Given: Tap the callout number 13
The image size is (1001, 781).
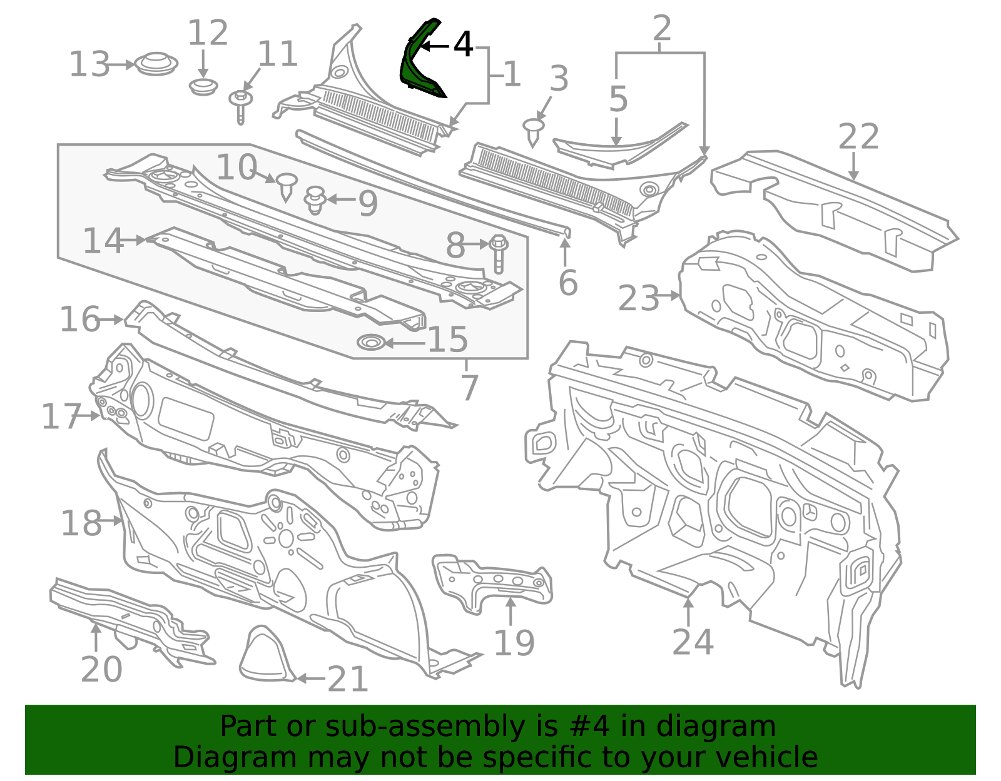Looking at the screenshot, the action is (x=89, y=64).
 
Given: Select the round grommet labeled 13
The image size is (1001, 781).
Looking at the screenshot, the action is (x=156, y=64).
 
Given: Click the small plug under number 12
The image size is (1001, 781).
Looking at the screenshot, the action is (x=203, y=86).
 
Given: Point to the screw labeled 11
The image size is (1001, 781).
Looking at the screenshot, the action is (x=240, y=105).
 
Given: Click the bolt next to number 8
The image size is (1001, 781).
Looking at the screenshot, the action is (x=498, y=253).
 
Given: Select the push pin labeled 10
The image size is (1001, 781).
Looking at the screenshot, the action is (x=287, y=186).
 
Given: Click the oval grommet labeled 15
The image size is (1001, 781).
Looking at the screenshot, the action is (x=371, y=343).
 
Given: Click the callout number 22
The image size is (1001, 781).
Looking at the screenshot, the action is (x=858, y=136).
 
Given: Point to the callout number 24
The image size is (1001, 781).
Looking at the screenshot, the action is (x=693, y=642).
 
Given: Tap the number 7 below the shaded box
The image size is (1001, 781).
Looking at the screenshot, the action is (x=469, y=388).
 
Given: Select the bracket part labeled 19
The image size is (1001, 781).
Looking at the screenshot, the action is (x=492, y=583).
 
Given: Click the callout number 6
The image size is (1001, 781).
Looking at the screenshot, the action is (x=568, y=282).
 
